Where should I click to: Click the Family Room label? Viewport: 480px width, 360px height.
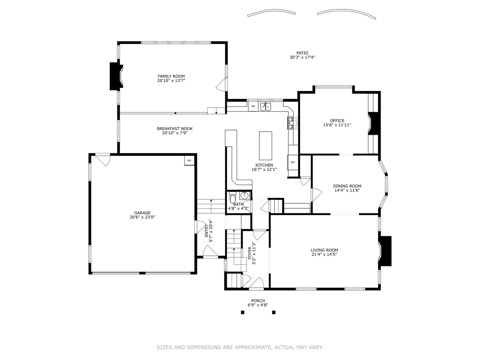(171, 76)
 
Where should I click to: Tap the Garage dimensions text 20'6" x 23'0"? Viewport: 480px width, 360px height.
(142, 217)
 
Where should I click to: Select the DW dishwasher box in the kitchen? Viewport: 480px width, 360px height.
(253, 106)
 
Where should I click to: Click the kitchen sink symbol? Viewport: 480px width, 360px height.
(266, 106)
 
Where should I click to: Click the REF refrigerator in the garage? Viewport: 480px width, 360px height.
(189, 161)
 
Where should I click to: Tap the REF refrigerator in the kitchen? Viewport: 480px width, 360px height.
(293, 162)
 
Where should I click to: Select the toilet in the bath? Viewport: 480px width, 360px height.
(232, 197)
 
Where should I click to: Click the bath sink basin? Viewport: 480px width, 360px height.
(244, 195)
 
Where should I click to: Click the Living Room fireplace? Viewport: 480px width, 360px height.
(385, 251)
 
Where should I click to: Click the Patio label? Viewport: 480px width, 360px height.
(302, 53)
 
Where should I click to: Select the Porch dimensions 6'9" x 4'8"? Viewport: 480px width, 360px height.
(258, 305)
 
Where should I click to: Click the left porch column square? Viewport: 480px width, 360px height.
(243, 312)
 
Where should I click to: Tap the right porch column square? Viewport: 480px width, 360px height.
(274, 312)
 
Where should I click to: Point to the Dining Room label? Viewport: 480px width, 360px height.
(347, 186)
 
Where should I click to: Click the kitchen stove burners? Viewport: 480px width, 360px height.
(293, 123)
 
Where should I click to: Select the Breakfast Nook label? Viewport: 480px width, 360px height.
(175, 129)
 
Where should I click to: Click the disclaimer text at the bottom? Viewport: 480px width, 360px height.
(240, 347)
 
